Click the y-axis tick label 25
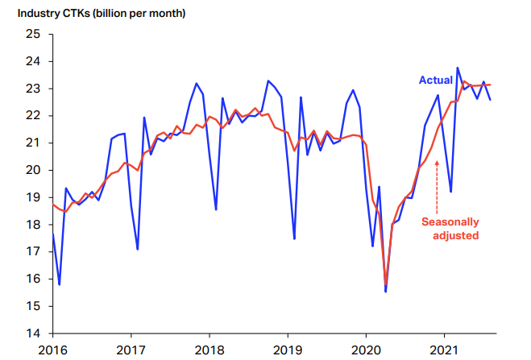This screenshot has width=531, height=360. pyautogui.click(x=32, y=34)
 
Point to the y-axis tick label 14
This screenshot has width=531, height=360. pyautogui.click(x=32, y=333)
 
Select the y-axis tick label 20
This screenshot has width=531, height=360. pyautogui.click(x=32, y=170)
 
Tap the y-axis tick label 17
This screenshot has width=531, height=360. pyautogui.click(x=32, y=251)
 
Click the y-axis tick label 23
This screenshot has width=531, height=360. pyautogui.click(x=32, y=88)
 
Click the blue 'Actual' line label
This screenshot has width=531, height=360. pyautogui.click(x=435, y=80)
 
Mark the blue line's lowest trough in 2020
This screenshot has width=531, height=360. pyautogui.click(x=385, y=291)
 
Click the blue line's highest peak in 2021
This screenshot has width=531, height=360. pyautogui.click(x=458, y=68)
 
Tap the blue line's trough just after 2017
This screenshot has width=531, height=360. pyautogui.click(x=138, y=249)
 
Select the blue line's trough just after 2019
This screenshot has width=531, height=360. pyautogui.click(x=294, y=238)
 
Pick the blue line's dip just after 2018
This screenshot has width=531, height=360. pyautogui.click(x=216, y=209)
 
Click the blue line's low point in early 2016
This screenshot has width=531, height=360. pyautogui.click(x=60, y=284)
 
